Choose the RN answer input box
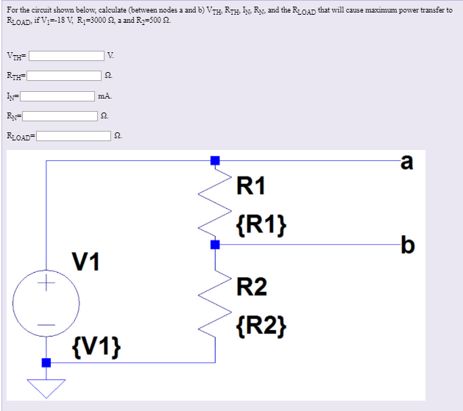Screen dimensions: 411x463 point(60,115)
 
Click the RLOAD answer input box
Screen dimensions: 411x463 point(75,135)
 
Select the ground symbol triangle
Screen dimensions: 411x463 point(46,387)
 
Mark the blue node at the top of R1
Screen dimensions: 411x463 point(215,160)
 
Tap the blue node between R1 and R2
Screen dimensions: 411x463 point(215,244)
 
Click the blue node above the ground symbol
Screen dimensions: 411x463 point(46,362)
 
